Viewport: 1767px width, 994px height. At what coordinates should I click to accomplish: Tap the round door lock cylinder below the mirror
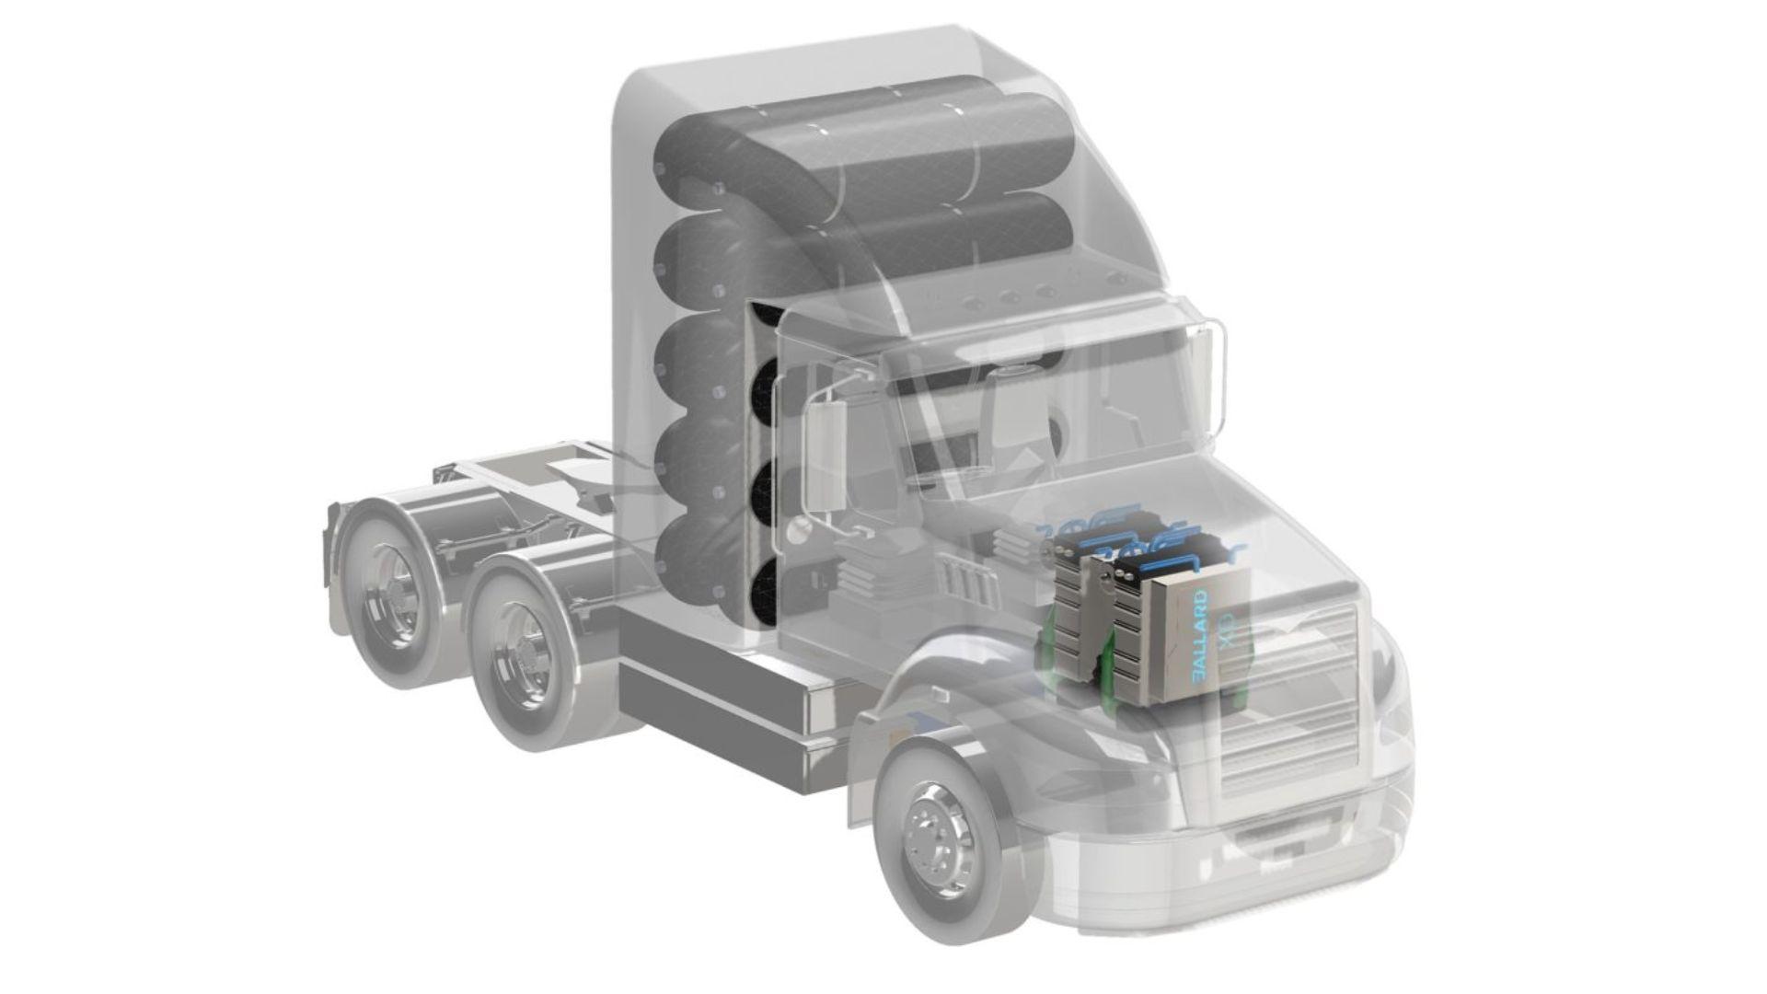pyautogui.click(x=798, y=529)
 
